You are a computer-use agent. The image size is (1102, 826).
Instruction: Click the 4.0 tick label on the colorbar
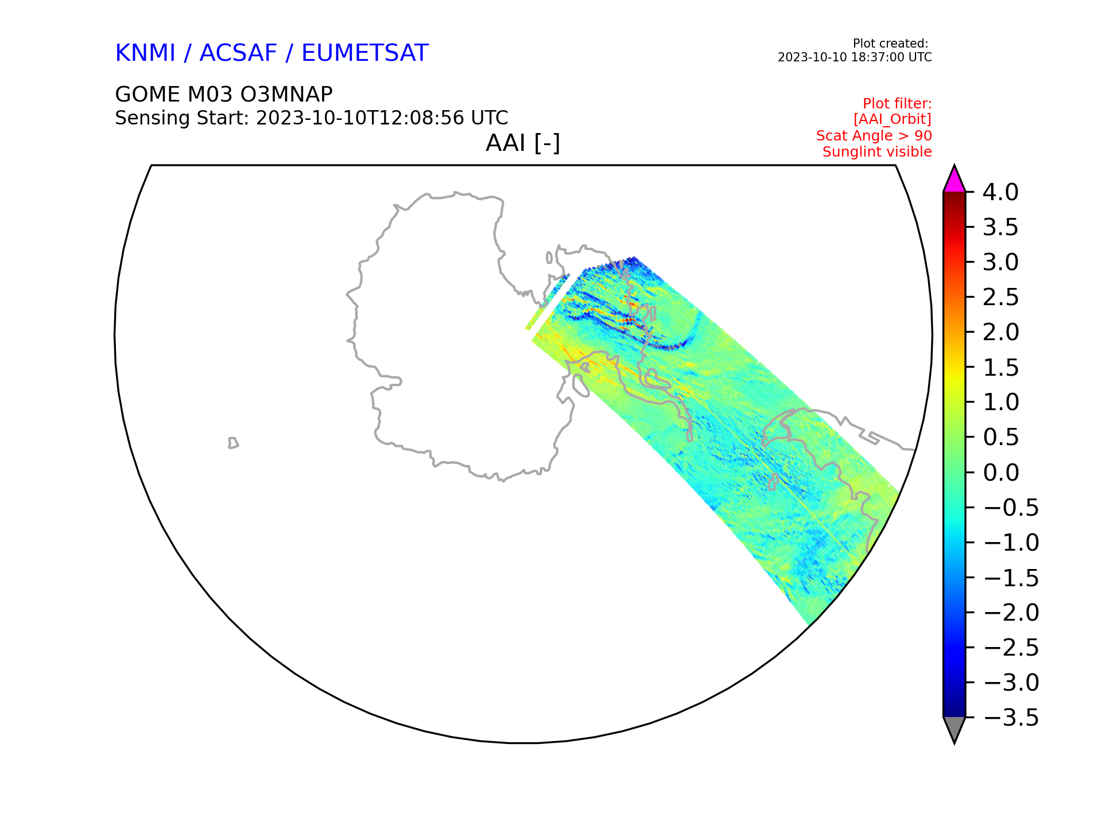[x=1000, y=193]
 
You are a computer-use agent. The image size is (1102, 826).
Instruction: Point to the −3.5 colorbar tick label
[x=1011, y=718]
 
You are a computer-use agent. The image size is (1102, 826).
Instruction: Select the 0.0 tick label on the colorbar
[x=1001, y=473]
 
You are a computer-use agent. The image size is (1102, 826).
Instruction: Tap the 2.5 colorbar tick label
[x=1001, y=298]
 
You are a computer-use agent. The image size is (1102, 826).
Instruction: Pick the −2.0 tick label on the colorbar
[x=1011, y=613]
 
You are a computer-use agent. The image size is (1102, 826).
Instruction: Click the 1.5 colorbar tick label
[x=1001, y=368]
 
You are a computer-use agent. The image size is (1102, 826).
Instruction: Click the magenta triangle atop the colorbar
[x=954, y=180]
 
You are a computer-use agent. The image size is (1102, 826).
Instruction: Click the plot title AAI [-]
[x=523, y=143]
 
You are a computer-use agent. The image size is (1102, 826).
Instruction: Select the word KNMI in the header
[x=145, y=53]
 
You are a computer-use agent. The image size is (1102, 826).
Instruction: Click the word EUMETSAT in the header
[x=365, y=53]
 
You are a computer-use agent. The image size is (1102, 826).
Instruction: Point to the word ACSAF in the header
[x=238, y=53]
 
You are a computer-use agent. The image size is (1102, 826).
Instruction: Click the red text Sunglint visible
[x=877, y=152]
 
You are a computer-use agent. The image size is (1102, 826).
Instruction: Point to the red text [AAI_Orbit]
[x=892, y=119]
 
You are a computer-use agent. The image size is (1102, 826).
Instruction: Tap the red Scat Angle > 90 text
[x=874, y=136]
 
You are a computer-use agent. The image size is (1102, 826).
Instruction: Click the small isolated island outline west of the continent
[x=233, y=443]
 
